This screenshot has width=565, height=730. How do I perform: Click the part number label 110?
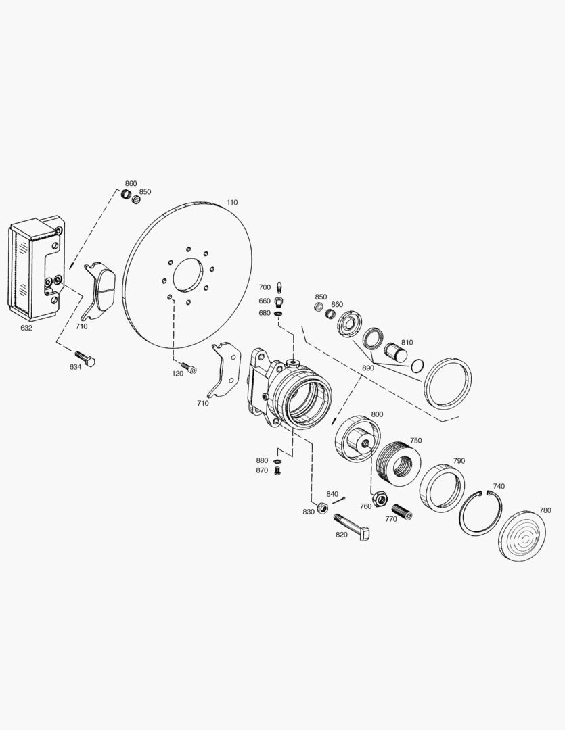[x=232, y=202]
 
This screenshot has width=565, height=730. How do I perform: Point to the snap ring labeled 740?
[x=481, y=512]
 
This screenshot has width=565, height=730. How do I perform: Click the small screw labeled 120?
[x=189, y=367]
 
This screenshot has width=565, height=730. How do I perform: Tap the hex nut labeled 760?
[x=380, y=500]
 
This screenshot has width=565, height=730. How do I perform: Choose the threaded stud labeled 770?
[x=402, y=512]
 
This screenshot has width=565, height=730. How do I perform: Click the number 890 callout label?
[x=368, y=368]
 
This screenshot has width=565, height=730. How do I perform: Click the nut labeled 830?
[x=323, y=508]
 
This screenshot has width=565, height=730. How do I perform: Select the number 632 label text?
[x=26, y=328]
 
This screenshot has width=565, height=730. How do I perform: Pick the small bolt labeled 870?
[x=277, y=471]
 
